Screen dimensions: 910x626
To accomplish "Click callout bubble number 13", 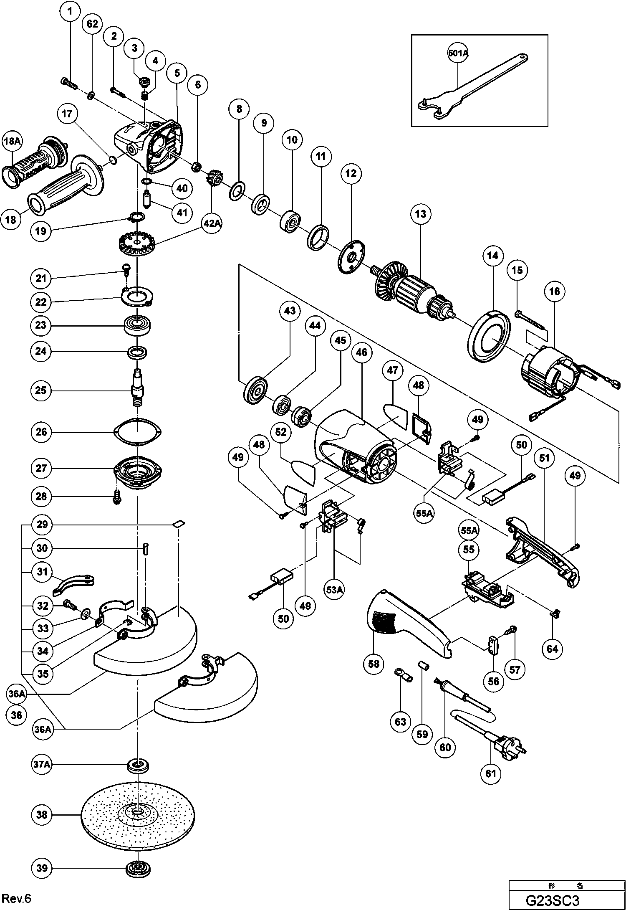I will click(x=420, y=214).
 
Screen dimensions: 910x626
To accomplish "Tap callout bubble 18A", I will click(x=12, y=142).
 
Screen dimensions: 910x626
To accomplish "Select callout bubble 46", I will click(x=361, y=352).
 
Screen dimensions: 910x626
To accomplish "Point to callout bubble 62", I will click(x=92, y=24).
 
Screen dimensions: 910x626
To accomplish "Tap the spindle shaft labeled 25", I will click(x=137, y=388).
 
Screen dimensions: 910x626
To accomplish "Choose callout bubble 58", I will click(x=374, y=664).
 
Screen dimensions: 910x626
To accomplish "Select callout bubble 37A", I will click(x=42, y=765).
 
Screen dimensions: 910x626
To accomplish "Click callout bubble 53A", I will click(x=335, y=589).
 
